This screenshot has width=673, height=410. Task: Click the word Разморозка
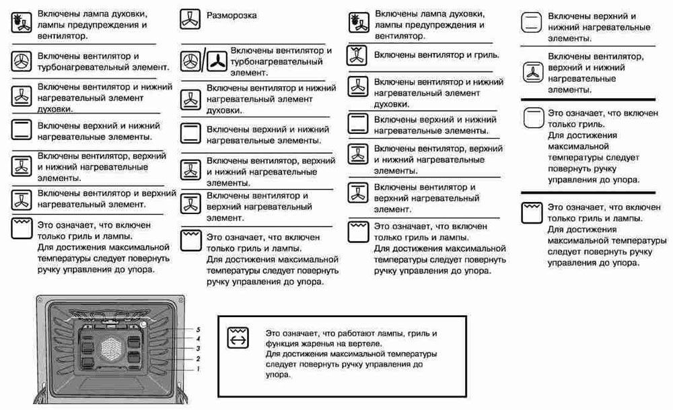click(x=231, y=15)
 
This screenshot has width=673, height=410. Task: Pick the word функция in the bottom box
click(x=283, y=343)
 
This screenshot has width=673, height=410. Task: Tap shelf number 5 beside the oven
click(x=199, y=329)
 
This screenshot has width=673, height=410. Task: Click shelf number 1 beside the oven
click(x=199, y=369)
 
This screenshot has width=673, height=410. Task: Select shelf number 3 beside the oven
click(x=199, y=348)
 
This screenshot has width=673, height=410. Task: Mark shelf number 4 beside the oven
click(x=199, y=338)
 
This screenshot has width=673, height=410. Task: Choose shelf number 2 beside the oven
click(x=199, y=359)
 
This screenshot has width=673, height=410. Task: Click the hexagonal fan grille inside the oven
click(x=112, y=349)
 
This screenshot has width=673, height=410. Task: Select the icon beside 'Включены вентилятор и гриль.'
click(x=356, y=55)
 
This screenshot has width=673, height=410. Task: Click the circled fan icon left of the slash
click(x=190, y=61)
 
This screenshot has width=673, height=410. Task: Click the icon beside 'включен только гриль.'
click(x=533, y=118)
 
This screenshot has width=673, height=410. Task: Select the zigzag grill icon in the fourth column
click(x=532, y=213)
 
